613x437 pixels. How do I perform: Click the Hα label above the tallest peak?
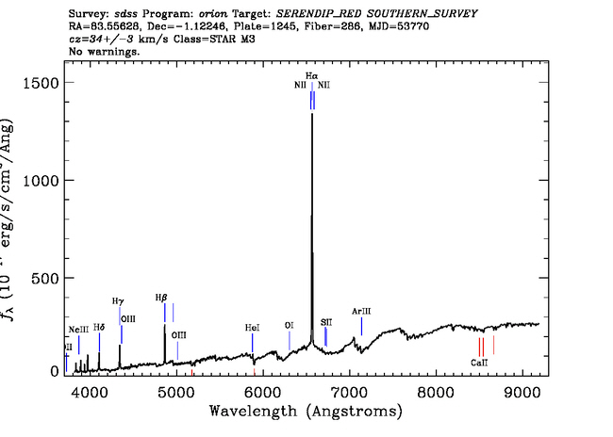311,74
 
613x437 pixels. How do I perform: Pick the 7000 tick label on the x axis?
350,389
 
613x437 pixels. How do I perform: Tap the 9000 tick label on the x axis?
524,389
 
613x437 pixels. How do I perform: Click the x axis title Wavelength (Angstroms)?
306,412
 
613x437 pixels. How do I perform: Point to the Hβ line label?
161,297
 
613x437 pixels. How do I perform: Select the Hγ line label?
118,300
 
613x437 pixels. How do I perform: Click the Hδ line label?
99,327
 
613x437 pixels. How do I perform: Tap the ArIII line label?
362,311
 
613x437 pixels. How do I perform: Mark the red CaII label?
479,362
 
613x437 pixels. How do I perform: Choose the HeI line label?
252,328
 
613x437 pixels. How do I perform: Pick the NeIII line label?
78,328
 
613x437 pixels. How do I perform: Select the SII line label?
326,321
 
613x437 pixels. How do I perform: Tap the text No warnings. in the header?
104,52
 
